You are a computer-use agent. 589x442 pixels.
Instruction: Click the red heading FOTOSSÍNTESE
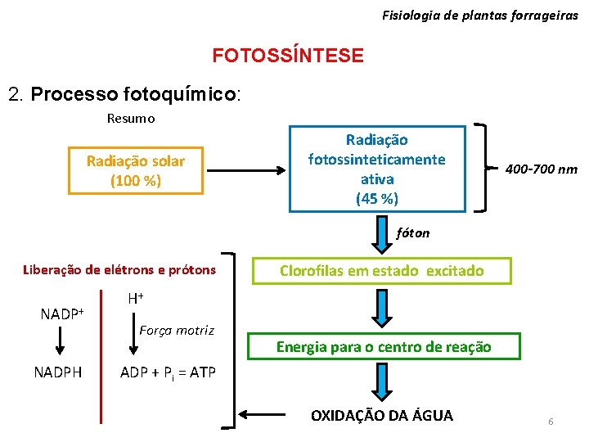tap(288, 56)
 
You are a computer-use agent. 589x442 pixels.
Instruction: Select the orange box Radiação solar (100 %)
tap(136, 171)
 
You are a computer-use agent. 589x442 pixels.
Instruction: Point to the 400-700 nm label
tap(541, 169)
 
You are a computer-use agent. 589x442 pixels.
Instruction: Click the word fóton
tap(412, 232)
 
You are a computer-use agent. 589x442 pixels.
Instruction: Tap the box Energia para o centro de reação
tap(384, 347)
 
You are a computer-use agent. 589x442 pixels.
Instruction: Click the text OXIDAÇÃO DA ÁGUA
tap(381, 415)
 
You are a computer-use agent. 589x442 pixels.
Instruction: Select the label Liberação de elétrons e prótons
tap(119, 270)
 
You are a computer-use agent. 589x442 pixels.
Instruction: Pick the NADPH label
tap(57, 372)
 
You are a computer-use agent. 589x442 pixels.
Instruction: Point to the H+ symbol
tap(136, 300)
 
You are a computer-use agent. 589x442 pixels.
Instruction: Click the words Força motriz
tap(177, 331)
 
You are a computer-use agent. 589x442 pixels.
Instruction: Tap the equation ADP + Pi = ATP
tap(168, 372)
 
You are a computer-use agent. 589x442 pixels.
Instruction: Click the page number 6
tap(551, 422)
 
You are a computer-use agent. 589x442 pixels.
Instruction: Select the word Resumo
tap(131, 118)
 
